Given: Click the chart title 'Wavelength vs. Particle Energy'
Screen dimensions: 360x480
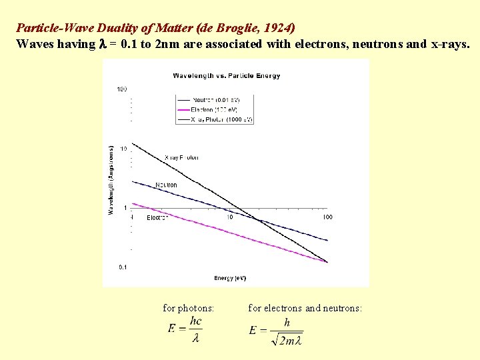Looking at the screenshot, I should click(227, 75).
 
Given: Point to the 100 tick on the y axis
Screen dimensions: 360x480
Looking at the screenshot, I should click(122, 89).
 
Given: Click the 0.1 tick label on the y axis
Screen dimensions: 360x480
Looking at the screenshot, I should click(123, 267).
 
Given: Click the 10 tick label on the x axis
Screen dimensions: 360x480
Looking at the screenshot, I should click(229, 217).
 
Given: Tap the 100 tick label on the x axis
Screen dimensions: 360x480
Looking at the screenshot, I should click(327, 217).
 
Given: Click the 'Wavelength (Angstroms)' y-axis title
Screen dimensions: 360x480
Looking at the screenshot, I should click(111, 179).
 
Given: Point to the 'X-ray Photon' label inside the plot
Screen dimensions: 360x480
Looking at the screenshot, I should click(181, 158).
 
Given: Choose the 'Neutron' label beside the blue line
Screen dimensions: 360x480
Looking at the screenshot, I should click(166, 185).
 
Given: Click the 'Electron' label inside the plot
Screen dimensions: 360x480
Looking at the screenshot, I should click(157, 217).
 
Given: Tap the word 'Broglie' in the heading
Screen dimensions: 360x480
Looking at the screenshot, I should click(235, 28).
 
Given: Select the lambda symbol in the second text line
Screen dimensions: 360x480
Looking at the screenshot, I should click(103, 44).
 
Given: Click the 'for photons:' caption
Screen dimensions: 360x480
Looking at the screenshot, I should click(189, 308).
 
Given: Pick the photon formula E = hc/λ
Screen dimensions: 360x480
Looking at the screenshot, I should click(186, 329).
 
